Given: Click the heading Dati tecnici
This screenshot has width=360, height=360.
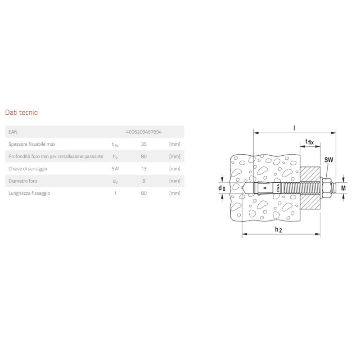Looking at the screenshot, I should (21, 112).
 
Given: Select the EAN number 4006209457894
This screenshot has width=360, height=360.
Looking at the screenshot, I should (144, 132).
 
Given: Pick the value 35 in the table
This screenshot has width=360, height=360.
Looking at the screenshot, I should (144, 144).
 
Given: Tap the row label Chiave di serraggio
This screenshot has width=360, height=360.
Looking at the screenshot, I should (28, 168).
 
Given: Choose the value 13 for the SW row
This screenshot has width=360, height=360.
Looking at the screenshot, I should (144, 168).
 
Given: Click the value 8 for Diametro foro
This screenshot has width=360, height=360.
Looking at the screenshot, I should (144, 181).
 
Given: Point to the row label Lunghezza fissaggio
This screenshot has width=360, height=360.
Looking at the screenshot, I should (29, 193).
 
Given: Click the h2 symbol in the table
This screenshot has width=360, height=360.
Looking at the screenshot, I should (115, 157).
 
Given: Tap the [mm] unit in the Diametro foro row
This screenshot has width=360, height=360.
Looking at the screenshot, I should (174, 181).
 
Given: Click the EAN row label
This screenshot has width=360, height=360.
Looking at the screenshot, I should (13, 132).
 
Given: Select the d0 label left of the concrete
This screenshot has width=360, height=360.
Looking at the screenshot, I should (221, 188).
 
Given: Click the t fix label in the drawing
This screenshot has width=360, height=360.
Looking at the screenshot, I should (310, 142).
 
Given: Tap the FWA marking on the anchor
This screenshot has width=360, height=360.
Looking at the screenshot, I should (278, 188).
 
